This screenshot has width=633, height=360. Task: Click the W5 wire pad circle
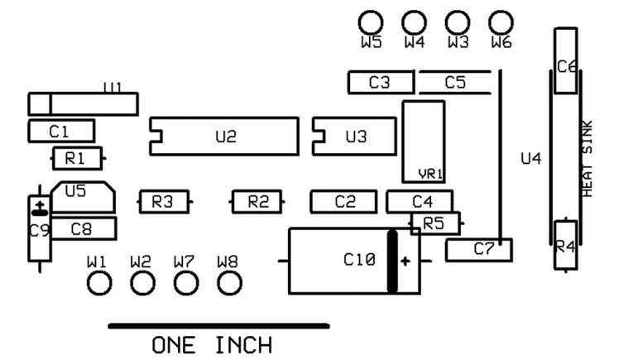pyautogui.click(x=370, y=22)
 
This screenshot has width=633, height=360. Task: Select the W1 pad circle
pyautogui.click(x=98, y=284)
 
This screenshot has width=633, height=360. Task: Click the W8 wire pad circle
pyautogui.click(x=228, y=284)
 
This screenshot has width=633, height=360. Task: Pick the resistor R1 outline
pyautogui.click(x=76, y=157)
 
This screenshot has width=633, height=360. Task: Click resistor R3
pyautogui.click(x=163, y=201)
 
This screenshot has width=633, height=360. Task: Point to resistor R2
pyautogui.click(x=258, y=201)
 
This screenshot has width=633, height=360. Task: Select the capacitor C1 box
pyautogui.click(x=60, y=131)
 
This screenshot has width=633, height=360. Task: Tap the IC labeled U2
pyautogui.click(x=224, y=137)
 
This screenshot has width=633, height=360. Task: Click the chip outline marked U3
pyautogui.click(x=355, y=137)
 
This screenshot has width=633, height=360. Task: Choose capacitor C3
pyautogui.click(x=380, y=82)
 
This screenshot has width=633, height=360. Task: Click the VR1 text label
pyautogui.click(x=432, y=174)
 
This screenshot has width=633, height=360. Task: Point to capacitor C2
pyautogui.click(x=345, y=201)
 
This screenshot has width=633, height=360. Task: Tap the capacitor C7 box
pyautogui.click(x=479, y=249)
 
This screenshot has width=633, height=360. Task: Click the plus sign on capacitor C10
pyautogui.click(x=405, y=262)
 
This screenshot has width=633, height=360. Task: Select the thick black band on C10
pyautogui.click(x=392, y=262)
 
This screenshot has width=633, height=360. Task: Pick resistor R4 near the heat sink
pyautogui.click(x=565, y=245)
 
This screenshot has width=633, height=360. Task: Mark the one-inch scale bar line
pyautogui.click(x=218, y=325)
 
